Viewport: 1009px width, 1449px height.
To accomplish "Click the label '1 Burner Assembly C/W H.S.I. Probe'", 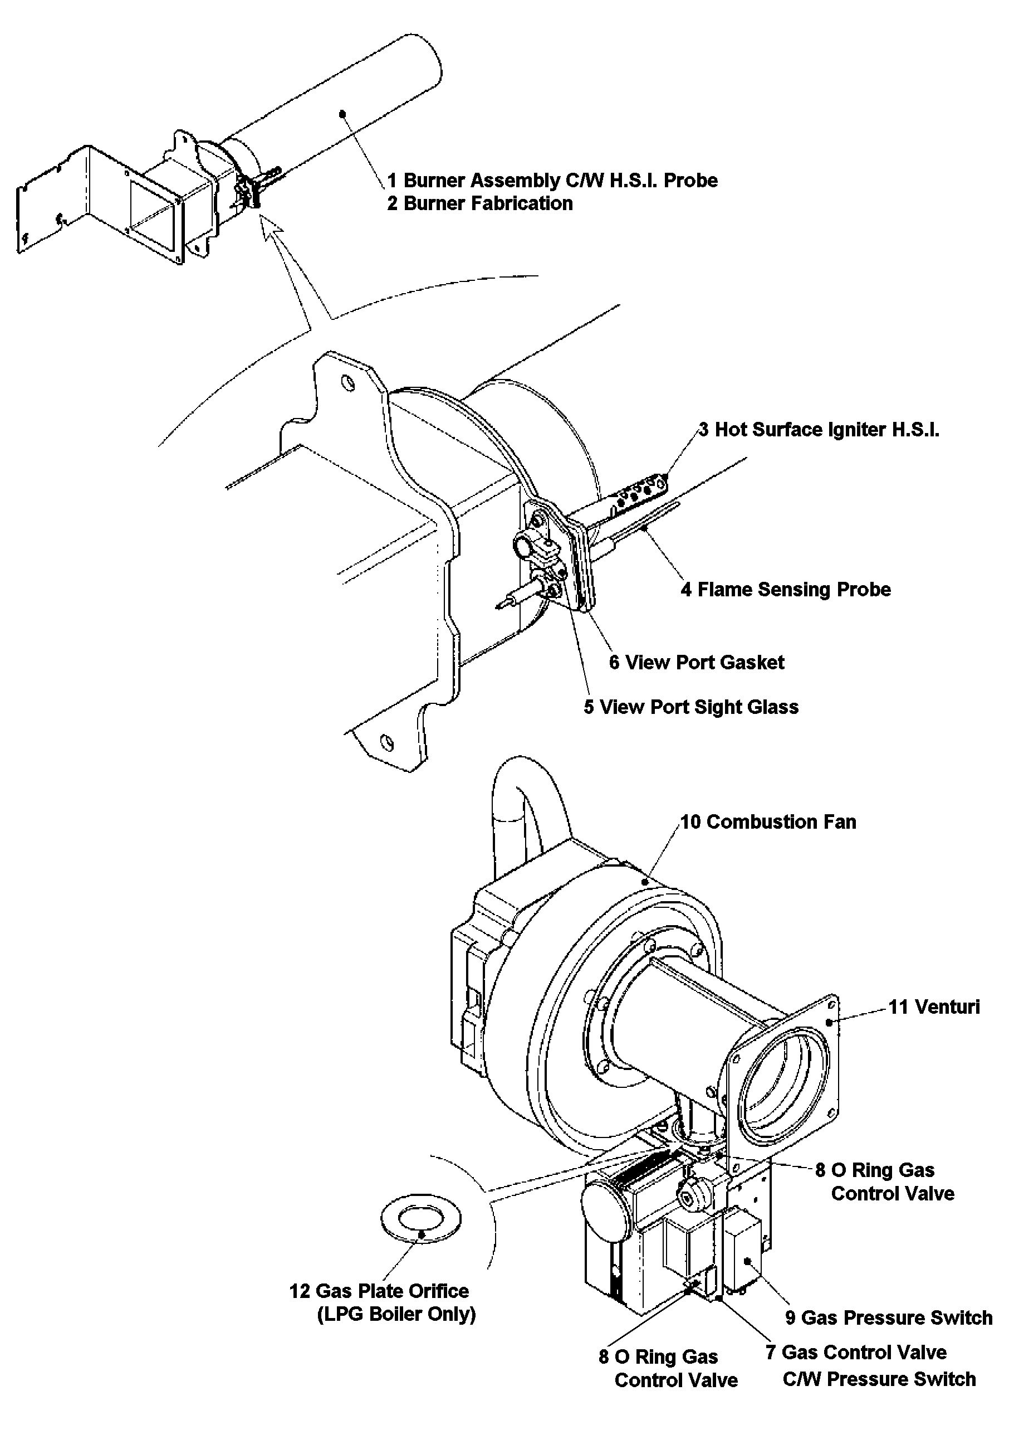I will click(552, 181).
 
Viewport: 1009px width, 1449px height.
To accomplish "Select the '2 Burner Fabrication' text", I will click(479, 204).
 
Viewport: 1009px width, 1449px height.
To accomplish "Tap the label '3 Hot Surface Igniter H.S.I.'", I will click(819, 430).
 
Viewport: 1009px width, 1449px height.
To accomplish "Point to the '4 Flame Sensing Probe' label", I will click(786, 590).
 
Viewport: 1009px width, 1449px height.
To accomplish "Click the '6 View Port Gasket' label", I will click(696, 663).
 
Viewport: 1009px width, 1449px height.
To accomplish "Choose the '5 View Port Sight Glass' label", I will click(690, 707).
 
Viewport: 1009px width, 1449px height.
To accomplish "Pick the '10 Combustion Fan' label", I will click(768, 821).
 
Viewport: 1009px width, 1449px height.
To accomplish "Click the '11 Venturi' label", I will click(934, 1006).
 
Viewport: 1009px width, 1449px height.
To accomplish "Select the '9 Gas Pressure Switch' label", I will click(889, 1317).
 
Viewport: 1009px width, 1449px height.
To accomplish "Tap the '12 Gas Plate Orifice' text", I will click(379, 1291).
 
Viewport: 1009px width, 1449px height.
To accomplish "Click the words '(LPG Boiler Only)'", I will click(396, 1315).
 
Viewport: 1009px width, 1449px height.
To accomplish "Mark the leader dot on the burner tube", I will click(342, 114).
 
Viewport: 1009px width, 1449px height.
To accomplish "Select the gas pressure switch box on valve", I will click(742, 1248).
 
